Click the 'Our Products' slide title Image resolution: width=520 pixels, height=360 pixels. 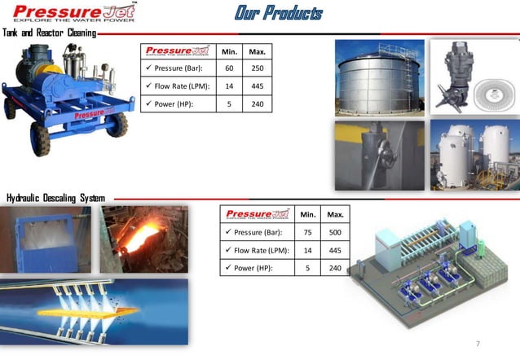pos(278,13)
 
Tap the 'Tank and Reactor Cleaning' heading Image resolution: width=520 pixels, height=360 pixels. pos(49,33)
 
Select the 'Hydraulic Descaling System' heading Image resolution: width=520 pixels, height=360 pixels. pos(55,197)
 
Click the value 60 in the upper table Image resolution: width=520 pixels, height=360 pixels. pos(230,69)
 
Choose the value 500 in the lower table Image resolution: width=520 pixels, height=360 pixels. pos(335,232)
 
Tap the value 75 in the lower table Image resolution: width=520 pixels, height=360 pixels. pos(307,232)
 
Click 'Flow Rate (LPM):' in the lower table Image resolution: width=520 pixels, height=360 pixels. pos(256,249)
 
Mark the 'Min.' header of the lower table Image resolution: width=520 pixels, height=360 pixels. pos(307,214)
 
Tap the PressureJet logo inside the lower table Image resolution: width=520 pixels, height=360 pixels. pos(257,214)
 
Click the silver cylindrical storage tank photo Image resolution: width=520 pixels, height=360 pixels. pos(379,78)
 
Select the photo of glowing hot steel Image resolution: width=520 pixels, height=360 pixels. pos(143,238)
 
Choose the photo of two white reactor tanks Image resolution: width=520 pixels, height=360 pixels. pos(474,156)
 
